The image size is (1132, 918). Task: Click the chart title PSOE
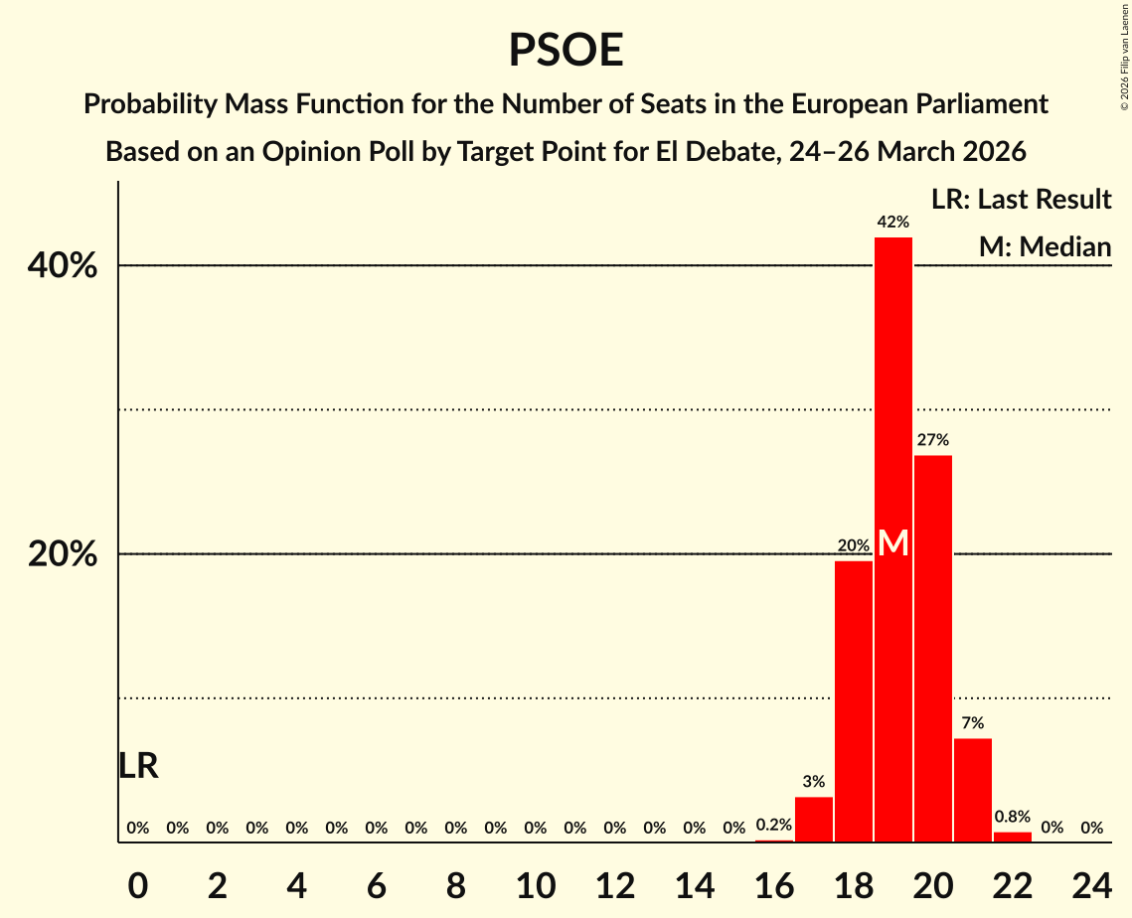[x=566, y=50]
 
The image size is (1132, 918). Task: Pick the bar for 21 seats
[x=973, y=790]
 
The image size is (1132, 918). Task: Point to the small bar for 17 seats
[x=814, y=819]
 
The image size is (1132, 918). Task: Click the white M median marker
[x=893, y=542]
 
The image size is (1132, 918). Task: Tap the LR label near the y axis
[x=138, y=766]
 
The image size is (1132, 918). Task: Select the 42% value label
[x=893, y=222]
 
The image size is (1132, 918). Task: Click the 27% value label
[x=933, y=439]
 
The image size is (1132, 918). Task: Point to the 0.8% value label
[x=1013, y=817]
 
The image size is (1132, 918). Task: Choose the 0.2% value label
[x=774, y=825]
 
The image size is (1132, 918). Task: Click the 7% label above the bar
[x=973, y=722]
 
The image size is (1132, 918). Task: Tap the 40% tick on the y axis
[x=63, y=266]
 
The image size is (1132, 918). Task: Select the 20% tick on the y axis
[x=63, y=554]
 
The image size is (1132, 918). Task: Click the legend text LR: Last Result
[x=1021, y=200]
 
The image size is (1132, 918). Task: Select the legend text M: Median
[x=1045, y=246]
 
